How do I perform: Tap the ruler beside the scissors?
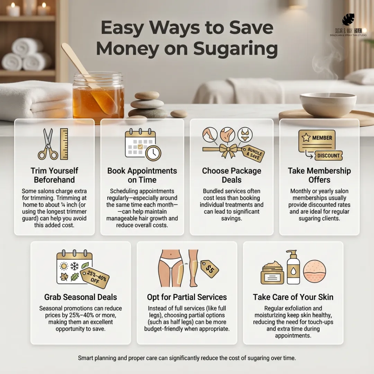click(x=64, y=144)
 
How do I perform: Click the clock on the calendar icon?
click(x=153, y=153)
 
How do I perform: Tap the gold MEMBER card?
click(x=317, y=140)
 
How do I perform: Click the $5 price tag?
click(x=210, y=269)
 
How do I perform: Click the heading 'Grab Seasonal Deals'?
click(x=81, y=297)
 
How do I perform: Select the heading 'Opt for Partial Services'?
click(x=187, y=297)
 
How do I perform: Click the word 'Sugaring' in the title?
click(x=236, y=49)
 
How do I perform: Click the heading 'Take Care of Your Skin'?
click(x=293, y=297)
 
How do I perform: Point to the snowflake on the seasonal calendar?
click(x=74, y=266)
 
